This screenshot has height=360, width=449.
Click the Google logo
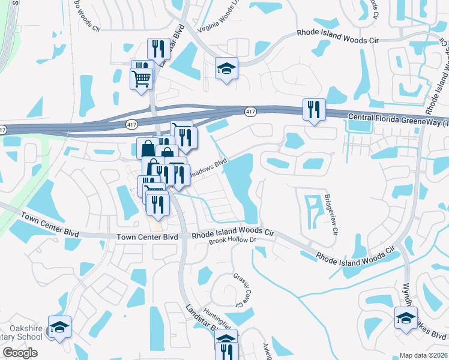tap(20, 353)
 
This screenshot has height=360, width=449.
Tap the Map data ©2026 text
tap(424, 355)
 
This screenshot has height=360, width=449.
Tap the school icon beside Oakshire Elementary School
tap(60, 326)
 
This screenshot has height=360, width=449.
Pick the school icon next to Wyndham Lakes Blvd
tap(406, 317)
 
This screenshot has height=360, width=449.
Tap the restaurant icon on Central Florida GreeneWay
tap(314, 109)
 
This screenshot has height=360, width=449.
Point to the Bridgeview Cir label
tap(332, 214)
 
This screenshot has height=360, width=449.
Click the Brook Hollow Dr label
tap(232, 241)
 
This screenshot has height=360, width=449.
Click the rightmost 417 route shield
tap(251, 112)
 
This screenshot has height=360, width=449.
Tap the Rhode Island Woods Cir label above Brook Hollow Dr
tap(233, 233)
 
